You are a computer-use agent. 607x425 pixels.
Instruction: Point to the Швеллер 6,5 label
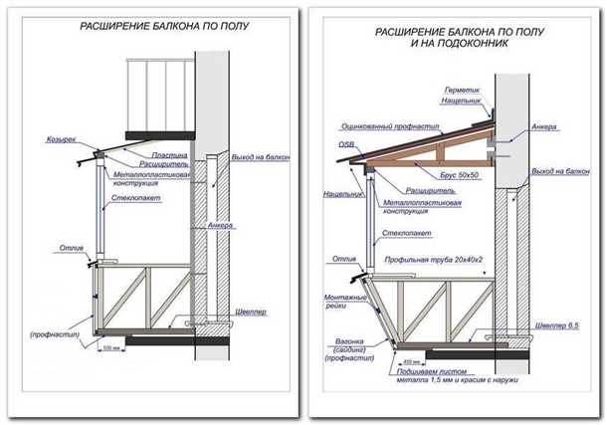click(553, 325)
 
